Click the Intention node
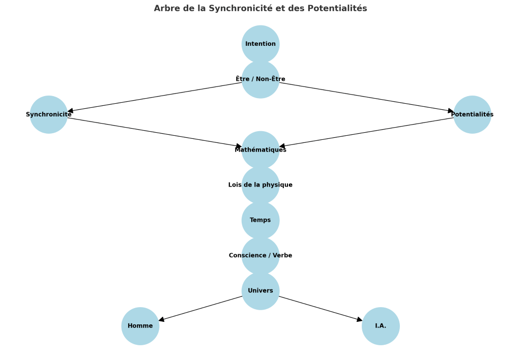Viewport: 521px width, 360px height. (x=260, y=44)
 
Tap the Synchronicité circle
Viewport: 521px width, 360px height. (x=49, y=114)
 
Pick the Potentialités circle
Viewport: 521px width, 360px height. (x=472, y=114)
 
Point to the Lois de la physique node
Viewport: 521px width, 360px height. (x=260, y=185)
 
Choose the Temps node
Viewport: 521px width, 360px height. (x=260, y=220)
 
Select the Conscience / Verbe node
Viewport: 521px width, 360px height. (x=260, y=255)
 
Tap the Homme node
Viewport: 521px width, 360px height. (x=140, y=326)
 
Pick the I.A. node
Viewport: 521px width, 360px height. (x=381, y=326)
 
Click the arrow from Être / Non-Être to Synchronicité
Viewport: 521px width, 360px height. (x=155, y=97)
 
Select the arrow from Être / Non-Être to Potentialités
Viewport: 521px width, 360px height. (x=366, y=97)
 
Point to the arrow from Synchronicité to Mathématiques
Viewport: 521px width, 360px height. (x=155, y=132)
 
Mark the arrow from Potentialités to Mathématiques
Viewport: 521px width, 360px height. (x=366, y=132)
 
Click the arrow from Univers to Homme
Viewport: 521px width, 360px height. (x=200, y=308)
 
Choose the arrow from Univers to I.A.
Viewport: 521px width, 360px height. (x=321, y=308)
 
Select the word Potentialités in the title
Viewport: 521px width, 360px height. (x=337, y=8)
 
